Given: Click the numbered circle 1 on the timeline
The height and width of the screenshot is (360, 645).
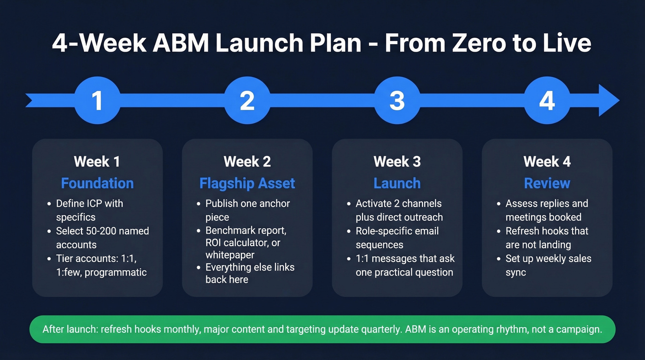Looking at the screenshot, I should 97,100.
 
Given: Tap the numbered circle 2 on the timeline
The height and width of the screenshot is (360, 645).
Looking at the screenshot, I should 247,100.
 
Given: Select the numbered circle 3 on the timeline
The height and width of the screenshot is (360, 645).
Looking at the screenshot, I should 397,100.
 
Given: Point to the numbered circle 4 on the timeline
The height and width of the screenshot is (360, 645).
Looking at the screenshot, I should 547,100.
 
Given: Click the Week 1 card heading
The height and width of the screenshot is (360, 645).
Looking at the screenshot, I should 97,162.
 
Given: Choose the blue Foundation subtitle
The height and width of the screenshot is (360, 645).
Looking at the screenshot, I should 97,183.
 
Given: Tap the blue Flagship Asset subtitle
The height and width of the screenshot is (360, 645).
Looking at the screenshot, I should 247,183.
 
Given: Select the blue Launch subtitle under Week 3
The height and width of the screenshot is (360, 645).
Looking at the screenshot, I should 397,183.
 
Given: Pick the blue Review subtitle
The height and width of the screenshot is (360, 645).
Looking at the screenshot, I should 547,183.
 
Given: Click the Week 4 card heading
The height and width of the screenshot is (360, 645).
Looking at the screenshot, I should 547,162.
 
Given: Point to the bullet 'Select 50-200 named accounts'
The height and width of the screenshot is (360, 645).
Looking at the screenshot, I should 102,238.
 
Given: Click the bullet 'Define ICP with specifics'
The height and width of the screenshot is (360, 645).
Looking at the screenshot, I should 89,210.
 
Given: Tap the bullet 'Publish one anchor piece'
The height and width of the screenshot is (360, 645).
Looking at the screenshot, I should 247,210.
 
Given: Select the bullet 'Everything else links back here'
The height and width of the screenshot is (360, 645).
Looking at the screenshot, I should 250,273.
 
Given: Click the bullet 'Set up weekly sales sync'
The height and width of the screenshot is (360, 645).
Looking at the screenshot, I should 548,266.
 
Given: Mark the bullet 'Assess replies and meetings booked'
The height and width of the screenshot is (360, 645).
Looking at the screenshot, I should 546,210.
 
